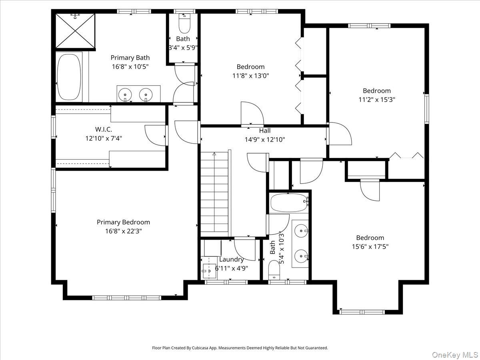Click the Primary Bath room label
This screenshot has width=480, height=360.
(x=130, y=58)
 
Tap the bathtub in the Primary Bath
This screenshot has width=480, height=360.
(x=69, y=77)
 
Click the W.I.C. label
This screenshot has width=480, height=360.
(x=103, y=130)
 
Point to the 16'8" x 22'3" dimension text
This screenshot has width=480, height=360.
(x=123, y=231)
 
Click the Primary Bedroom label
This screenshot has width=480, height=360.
(x=123, y=222)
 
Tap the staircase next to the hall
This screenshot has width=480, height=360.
(x=214, y=194)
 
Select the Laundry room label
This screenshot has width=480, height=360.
(x=231, y=259)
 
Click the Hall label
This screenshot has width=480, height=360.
(x=264, y=131)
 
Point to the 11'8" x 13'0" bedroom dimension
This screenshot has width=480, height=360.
(x=250, y=76)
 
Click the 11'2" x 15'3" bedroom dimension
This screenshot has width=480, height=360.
(x=376, y=100)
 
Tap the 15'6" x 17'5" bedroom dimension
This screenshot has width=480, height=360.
(x=370, y=247)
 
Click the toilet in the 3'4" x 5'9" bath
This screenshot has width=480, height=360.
(x=184, y=25)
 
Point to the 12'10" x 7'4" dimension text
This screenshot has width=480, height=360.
(x=103, y=138)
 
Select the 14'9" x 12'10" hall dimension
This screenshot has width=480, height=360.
(x=264, y=140)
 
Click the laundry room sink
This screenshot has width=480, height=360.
(x=208, y=271)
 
